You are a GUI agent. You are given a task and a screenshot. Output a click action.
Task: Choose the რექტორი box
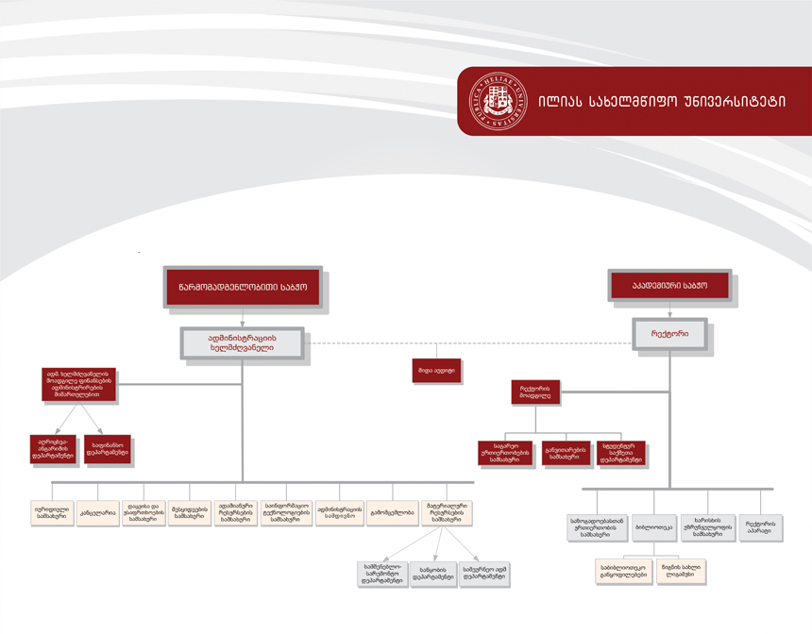click(x=669, y=334)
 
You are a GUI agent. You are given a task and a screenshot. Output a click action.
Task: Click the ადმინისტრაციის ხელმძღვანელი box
click(x=243, y=342)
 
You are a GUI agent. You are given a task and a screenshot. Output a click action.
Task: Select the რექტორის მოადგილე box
click(x=535, y=392)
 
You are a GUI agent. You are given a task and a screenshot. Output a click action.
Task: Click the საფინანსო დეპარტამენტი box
click(x=108, y=449)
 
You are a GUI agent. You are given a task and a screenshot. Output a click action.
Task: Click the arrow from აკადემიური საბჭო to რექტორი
click(x=669, y=309)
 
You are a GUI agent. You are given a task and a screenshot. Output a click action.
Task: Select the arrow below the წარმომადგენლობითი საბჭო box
click(x=243, y=318)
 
